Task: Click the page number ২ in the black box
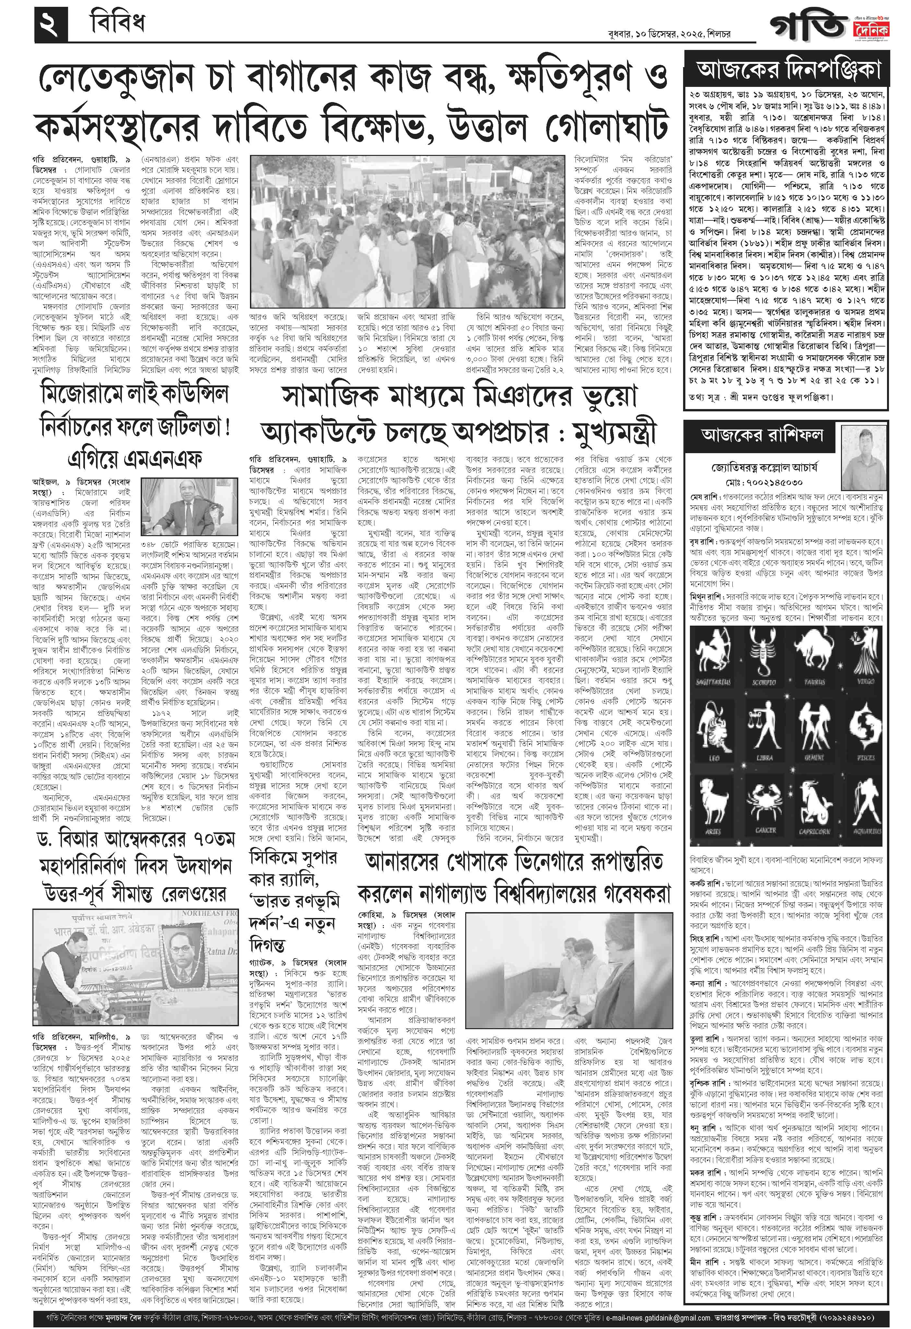pyautogui.click(x=50, y=24)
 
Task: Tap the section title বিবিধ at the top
pyautogui.click(x=117, y=23)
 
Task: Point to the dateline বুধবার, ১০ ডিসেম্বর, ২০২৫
pyautogui.click(x=655, y=34)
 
